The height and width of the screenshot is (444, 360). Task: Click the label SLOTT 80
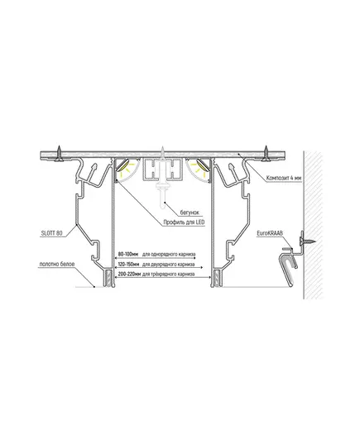[x=51, y=233]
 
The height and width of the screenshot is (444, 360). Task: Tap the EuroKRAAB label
[x=270, y=233]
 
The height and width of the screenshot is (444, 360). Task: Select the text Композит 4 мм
[x=284, y=178]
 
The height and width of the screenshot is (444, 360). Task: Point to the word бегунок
[x=190, y=212]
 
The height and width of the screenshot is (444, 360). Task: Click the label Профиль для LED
[x=184, y=222]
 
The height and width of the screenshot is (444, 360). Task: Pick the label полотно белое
[x=57, y=265]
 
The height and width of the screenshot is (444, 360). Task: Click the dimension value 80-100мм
[x=127, y=254]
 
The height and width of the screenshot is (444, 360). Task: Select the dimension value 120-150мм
[x=128, y=265]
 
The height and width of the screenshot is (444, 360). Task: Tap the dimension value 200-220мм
[x=129, y=275]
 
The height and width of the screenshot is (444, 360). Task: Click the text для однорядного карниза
[x=169, y=254]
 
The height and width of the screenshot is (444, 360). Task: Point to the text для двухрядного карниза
[x=168, y=265]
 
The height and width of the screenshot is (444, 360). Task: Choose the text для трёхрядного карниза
[x=168, y=275]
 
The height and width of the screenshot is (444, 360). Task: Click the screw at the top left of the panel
[x=60, y=154]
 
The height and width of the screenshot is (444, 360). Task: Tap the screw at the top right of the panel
[x=266, y=154]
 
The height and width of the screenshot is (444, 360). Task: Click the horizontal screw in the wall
[x=307, y=241]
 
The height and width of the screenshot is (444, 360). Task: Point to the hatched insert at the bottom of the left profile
[x=108, y=279]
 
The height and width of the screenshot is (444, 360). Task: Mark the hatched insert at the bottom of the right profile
[x=217, y=279]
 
